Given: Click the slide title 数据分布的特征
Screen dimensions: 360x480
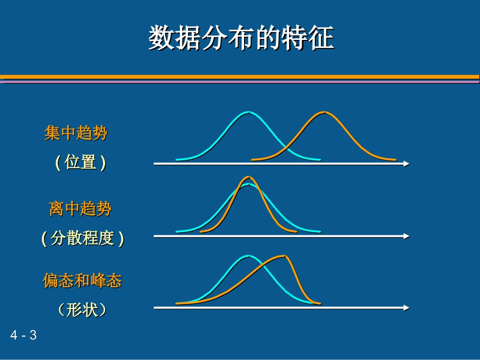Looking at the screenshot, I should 241,38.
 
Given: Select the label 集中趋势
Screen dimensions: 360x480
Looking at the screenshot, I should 76,133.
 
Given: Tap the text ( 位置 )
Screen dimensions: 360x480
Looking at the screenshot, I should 80,163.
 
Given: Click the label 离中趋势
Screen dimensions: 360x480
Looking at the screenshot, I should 80,208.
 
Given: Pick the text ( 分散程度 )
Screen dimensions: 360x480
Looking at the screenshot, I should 82,238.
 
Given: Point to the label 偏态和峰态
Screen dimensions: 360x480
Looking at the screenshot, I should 82,281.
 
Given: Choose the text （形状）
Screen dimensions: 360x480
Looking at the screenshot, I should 82,310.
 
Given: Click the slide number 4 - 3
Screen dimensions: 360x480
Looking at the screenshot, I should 24,335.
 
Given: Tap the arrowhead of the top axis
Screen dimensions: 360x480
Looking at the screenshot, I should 406,164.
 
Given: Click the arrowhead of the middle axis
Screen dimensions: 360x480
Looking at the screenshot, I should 406,236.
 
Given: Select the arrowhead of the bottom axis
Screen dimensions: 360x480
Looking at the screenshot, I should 406,307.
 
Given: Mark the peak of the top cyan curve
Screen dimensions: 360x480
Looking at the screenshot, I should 248,112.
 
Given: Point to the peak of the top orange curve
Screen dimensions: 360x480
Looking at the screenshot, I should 324,112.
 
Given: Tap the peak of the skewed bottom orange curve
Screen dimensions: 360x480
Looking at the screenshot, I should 285,256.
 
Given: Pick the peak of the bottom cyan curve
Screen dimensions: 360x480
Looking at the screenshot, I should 247,255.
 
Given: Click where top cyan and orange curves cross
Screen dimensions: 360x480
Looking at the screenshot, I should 286,147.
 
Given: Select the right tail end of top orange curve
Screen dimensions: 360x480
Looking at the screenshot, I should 395,160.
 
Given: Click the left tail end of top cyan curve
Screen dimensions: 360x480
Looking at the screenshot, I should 177,160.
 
